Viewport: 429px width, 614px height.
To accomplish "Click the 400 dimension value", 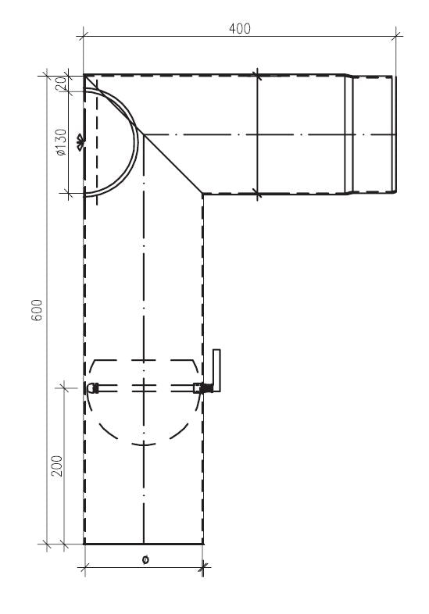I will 239,28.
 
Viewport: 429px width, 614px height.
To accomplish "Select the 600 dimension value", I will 48,310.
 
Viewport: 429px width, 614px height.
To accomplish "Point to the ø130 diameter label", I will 61,141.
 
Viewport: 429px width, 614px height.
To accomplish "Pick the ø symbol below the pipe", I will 145,559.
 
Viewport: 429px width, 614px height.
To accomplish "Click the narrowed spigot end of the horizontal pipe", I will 373,134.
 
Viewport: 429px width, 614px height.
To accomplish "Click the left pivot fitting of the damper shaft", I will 93,387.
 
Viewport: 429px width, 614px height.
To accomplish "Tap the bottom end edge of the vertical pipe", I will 143,543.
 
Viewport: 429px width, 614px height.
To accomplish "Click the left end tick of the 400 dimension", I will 84,34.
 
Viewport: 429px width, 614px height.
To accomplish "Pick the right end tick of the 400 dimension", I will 398,34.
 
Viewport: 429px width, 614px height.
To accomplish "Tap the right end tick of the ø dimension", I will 202,568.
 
